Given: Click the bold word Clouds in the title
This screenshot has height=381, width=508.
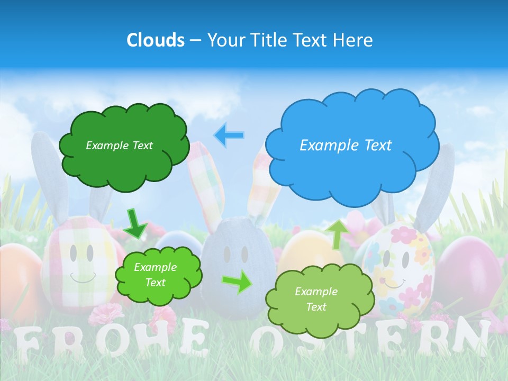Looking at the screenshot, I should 156,40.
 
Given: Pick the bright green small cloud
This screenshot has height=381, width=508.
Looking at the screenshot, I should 158,275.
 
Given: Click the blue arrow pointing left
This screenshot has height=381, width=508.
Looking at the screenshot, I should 229,135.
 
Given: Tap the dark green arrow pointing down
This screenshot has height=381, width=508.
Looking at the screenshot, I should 135,223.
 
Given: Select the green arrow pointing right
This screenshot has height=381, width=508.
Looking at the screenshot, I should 238,282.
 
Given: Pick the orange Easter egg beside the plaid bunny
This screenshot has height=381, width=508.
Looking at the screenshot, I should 19,275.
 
